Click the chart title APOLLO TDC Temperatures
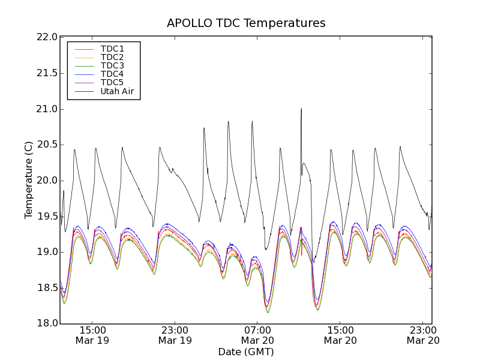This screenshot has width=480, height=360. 246,23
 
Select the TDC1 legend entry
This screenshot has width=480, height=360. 112,49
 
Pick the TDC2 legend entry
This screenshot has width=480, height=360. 112,57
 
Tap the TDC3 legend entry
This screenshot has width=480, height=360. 112,65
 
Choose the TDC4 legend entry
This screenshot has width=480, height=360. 112,74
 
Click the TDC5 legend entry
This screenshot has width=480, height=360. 112,82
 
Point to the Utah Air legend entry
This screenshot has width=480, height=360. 116,91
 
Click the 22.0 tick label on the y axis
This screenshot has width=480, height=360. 47,37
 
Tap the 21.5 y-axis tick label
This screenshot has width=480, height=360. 47,73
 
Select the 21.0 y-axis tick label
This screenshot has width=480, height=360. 47,109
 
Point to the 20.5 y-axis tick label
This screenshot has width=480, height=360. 47,145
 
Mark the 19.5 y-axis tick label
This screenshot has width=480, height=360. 47,216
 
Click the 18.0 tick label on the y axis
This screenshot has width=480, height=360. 47,323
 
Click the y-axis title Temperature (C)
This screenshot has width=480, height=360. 29,180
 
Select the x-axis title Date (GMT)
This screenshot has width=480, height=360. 246,352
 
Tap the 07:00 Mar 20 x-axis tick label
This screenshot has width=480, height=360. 257,335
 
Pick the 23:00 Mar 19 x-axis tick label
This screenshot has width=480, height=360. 175,335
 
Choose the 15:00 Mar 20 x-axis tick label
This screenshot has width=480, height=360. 340,335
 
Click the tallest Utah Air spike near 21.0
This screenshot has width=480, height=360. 301,110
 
